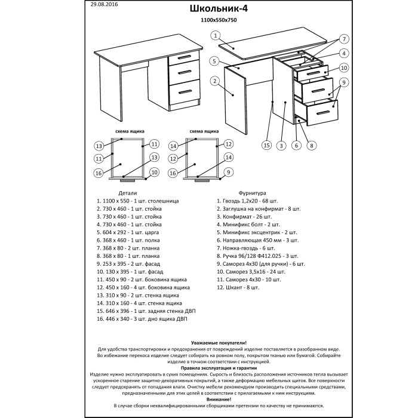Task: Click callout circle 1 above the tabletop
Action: click(x=213, y=36)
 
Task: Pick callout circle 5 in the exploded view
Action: click(x=213, y=62)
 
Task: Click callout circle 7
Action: click(x=344, y=39)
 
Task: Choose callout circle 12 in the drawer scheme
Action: click(x=228, y=144)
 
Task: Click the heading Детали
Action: click(x=128, y=193)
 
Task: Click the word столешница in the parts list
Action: click(x=158, y=201)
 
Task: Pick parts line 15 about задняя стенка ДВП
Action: click(x=145, y=312)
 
